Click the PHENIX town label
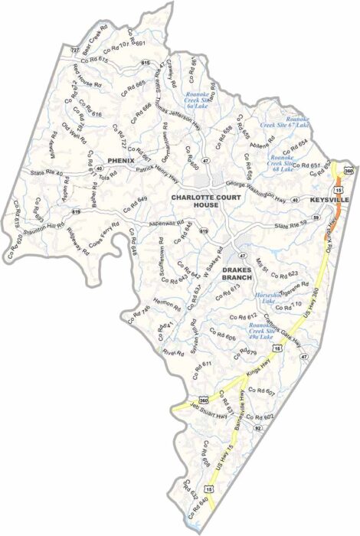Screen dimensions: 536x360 point(121,160)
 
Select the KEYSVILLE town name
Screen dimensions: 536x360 point(329,199)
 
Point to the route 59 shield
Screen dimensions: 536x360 point(314,220)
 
